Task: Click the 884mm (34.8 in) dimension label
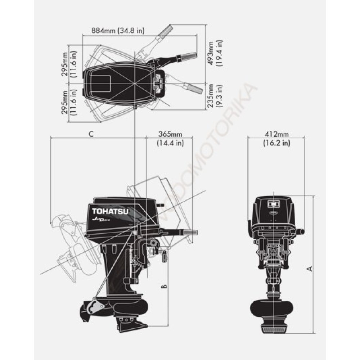pyautogui.click(x=118, y=30)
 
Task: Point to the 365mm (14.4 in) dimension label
pyautogui.click(x=170, y=139)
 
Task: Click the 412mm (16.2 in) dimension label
pyautogui.click(x=276, y=139)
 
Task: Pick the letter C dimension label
pyautogui.click(x=91, y=134)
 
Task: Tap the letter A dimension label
pyautogui.click(x=310, y=269)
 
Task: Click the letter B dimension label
pyautogui.click(x=164, y=286)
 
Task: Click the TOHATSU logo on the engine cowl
pyautogui.click(x=110, y=211)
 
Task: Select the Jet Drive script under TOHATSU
pyautogui.click(x=101, y=220)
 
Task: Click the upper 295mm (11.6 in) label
pyautogui.click(x=69, y=64)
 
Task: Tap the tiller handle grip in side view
pyautogui.click(x=189, y=232)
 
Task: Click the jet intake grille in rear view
pyautogui.click(x=274, y=330)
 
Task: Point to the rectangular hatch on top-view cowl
pyautogui.click(x=101, y=84)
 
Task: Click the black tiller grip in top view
pyautogui.click(x=186, y=56)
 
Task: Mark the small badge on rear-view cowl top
pyautogui.click(x=274, y=204)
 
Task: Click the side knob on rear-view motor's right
pyautogui.click(x=301, y=231)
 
